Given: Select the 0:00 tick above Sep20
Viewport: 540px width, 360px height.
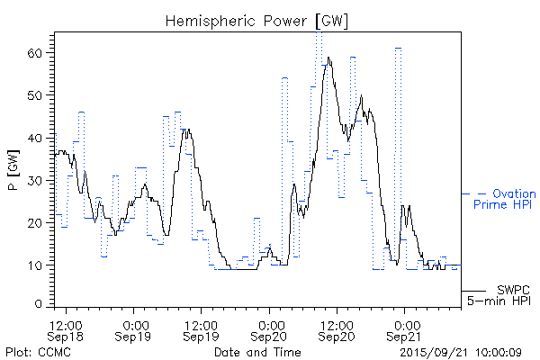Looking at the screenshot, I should (x=269, y=322).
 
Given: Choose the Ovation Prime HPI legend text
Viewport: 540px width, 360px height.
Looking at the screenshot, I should (x=504, y=199).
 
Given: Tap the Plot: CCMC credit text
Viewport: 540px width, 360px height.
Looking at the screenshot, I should (x=38, y=351).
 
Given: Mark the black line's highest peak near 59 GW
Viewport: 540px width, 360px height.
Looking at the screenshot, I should (x=329, y=58).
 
